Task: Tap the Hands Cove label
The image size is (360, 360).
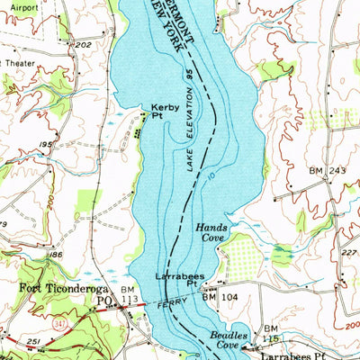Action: (x=211, y=234)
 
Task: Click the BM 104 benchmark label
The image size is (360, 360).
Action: (x=219, y=295)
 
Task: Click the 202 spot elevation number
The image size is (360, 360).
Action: (x=85, y=45)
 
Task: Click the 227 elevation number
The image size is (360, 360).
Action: (x=349, y=253)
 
